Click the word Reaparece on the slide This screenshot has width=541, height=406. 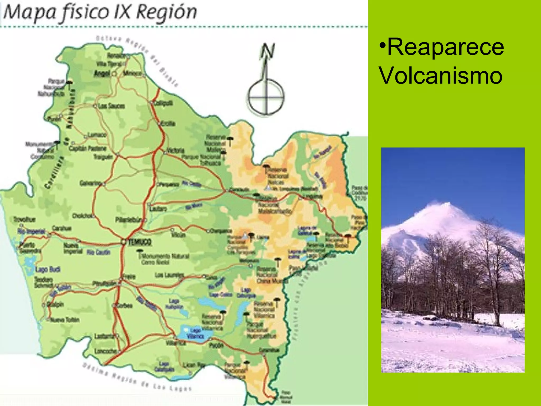(445, 47)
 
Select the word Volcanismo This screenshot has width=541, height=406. (441, 76)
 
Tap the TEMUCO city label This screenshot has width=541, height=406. (140, 242)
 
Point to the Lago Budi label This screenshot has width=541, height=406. (48, 269)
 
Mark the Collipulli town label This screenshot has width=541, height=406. (164, 103)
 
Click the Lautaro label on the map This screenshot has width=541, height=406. (158, 209)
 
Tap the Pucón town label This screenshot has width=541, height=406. (216, 345)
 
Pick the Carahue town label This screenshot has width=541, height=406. (62, 228)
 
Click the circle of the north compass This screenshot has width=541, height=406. (266, 97)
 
